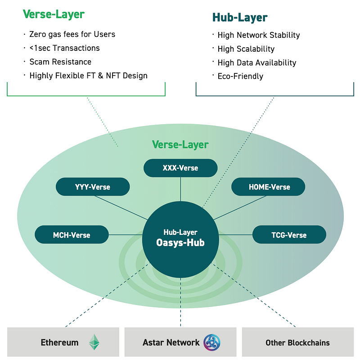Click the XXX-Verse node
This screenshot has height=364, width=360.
point(180,168)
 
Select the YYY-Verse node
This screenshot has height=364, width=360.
point(93,187)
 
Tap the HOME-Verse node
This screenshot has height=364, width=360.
point(268,187)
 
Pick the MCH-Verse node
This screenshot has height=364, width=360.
point(72,234)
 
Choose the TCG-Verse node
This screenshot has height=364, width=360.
point(289,234)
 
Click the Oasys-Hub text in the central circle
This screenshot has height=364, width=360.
point(180,243)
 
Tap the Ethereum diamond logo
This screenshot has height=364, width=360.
point(94,342)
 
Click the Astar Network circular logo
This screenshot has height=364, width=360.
point(211,342)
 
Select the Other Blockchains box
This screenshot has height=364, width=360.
point(298,342)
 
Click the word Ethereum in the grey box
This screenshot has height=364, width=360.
point(60,342)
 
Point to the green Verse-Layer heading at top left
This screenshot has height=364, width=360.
point(54,14)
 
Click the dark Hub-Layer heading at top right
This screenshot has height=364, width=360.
point(240,18)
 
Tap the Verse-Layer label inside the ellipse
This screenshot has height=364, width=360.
point(180,144)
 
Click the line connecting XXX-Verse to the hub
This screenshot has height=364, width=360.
point(180,189)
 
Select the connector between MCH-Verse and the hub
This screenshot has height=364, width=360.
point(126,235)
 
